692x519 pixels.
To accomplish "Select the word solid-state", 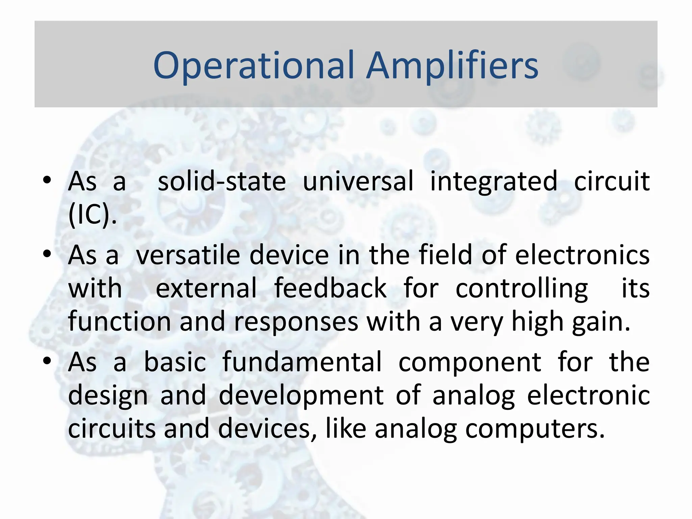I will pos(222,181).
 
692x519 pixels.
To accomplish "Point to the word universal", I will pos(358,181).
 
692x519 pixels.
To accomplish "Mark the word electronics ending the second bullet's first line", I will pos(582,255).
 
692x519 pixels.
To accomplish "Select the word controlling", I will pos(522,289).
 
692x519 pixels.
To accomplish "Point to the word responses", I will pos(296,322).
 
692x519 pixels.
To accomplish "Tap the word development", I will pos(301,396).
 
